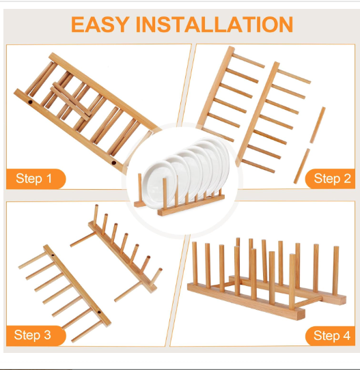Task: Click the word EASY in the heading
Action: [100, 25]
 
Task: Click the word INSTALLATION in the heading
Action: [214, 25]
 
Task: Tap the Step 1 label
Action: [33, 178]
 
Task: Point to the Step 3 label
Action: [33, 335]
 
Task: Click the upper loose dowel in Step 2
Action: [318, 125]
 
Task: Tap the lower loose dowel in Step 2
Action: [302, 166]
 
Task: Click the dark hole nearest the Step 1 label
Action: [114, 162]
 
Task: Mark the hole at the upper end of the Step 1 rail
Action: [30, 102]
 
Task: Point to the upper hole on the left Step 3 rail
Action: [53, 255]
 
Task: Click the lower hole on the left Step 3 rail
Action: [99, 312]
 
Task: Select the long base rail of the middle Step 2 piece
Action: [258, 114]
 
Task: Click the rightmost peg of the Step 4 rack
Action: [335, 270]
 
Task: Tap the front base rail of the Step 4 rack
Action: [246, 302]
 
